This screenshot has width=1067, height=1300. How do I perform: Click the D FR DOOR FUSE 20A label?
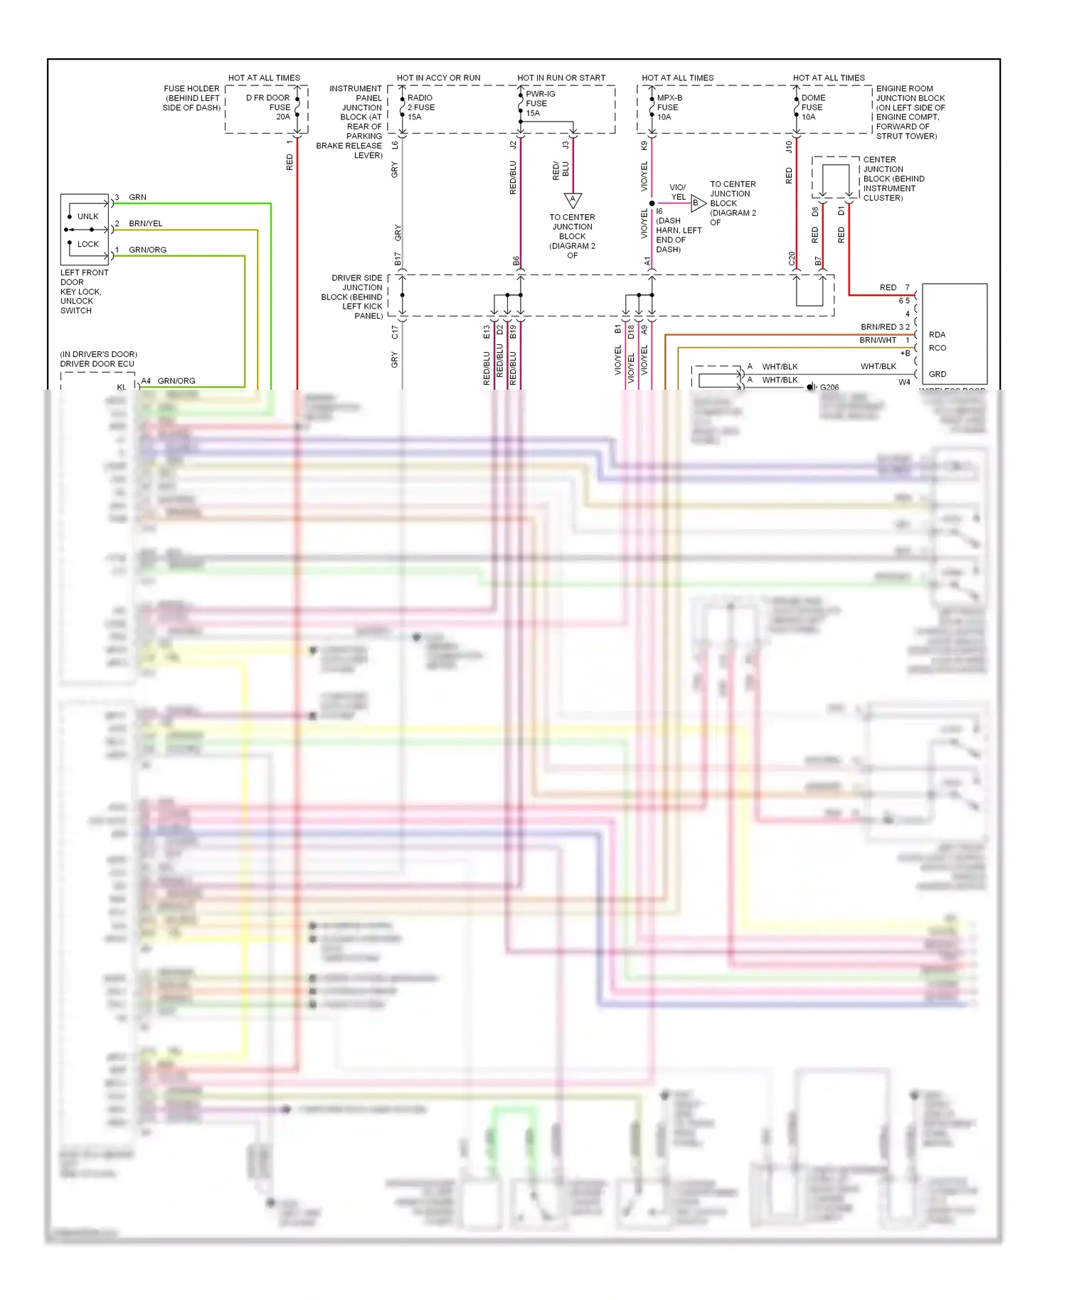tap(270, 107)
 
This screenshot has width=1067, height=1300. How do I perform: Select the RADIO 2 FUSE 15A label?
tap(420, 107)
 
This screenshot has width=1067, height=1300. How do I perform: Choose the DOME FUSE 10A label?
tap(812, 107)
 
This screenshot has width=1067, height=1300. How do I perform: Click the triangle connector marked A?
tap(573, 200)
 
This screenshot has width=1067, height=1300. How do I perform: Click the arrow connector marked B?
tap(697, 203)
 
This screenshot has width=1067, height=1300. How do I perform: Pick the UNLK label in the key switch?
tap(88, 216)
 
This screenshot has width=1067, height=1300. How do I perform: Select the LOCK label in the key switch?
tap(88, 244)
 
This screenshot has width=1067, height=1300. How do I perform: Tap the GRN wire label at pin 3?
tap(137, 197)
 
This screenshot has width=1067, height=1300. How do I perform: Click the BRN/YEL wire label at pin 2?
tap(146, 223)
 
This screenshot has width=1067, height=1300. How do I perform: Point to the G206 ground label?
tap(829, 387)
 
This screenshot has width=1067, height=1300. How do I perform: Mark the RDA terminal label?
tap(937, 334)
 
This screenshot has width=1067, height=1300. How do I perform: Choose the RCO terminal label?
tap(938, 348)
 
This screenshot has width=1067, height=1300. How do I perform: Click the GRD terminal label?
tap(938, 374)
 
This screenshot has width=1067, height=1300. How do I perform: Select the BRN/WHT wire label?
tap(878, 340)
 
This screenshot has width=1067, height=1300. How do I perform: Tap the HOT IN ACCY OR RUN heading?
tap(438, 78)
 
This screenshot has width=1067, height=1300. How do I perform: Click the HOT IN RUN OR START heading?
tap(561, 78)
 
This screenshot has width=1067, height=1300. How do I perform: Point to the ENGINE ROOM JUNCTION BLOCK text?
tap(910, 93)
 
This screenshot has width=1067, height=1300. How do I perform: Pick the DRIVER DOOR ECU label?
tap(97, 363)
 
